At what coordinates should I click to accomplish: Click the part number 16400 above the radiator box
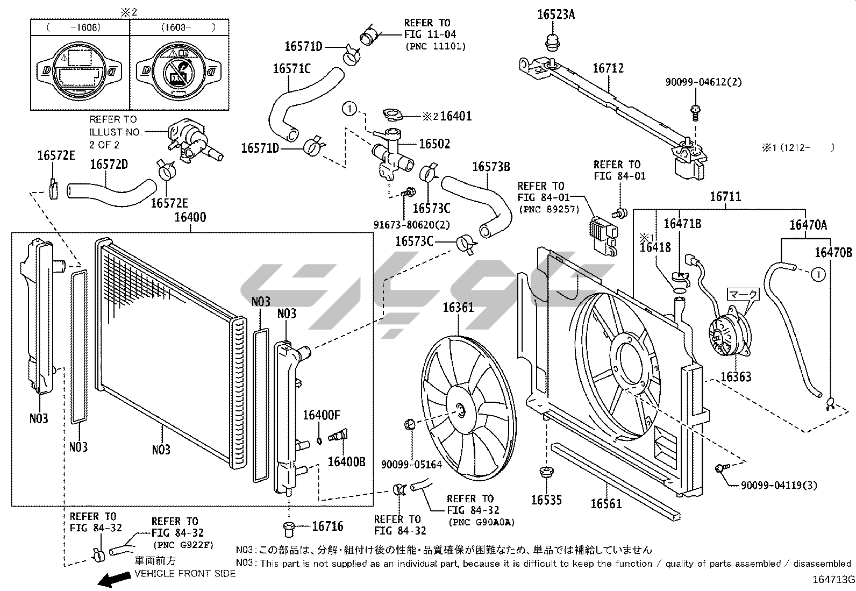coord(190,218)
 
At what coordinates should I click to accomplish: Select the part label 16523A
coord(555,15)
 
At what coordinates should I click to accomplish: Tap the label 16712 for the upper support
coord(608,68)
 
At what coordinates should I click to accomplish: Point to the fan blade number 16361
coord(458,308)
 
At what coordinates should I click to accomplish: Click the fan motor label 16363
coord(736,377)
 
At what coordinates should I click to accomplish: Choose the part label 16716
coord(327,526)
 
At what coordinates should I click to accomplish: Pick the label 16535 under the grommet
coord(546,500)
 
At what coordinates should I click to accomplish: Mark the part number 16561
coord(606,503)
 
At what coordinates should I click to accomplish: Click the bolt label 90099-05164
coord(411,464)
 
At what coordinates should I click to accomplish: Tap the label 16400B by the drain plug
coord(346,462)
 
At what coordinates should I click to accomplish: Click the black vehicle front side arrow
coord(114,579)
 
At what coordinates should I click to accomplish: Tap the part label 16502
coord(434,144)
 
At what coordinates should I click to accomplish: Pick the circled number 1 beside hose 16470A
coord(817,275)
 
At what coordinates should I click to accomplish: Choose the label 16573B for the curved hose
coord(491,167)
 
